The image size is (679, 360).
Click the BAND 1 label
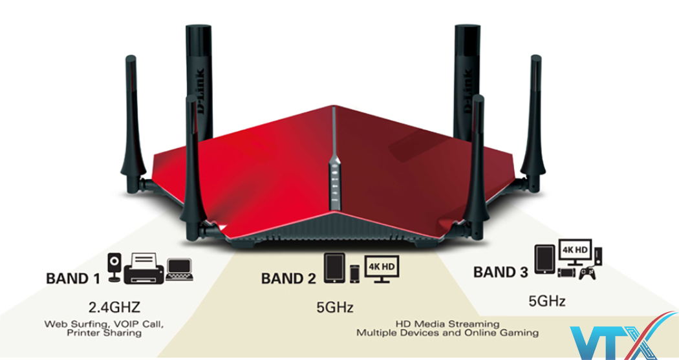73,279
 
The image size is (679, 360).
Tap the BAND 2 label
288,279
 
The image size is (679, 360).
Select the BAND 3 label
501,272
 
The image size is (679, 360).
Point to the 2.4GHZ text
114,306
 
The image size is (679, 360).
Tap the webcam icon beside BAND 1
114,269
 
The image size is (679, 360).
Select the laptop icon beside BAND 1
179,270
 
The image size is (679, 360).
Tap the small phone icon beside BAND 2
355,273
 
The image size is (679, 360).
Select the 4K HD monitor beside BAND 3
578,252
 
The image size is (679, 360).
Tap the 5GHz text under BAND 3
547,301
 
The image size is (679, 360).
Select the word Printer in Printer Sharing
83,333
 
